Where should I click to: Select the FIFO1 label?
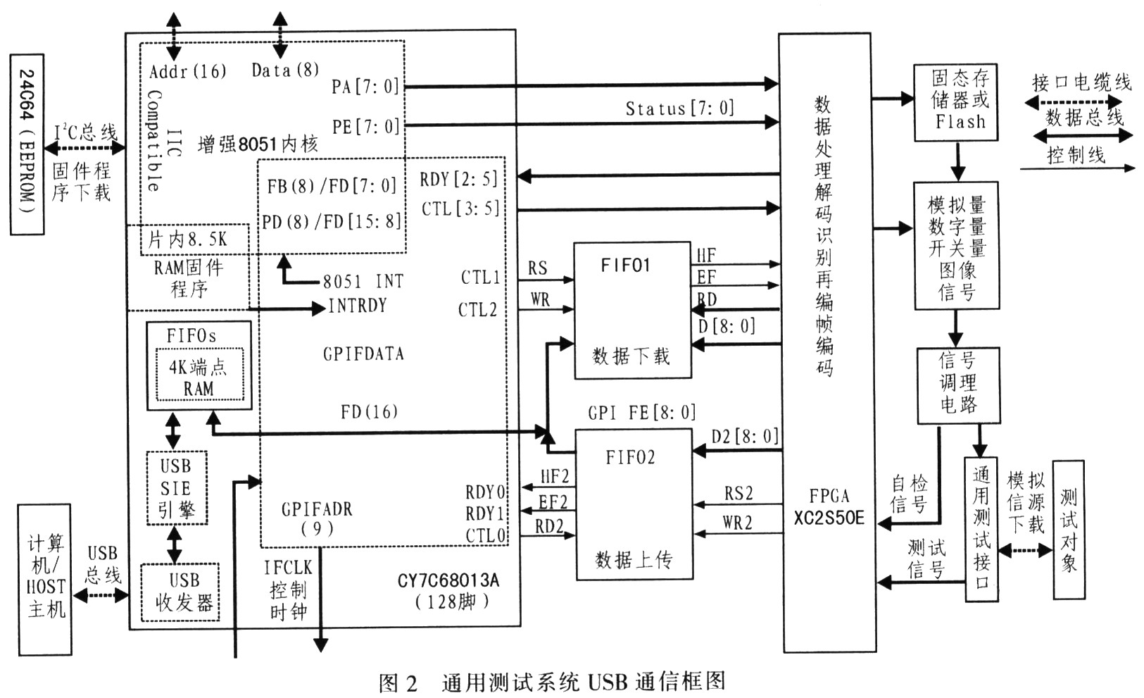tap(625, 266)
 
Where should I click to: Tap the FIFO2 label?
tap(630, 458)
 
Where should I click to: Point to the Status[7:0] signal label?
tap(679, 108)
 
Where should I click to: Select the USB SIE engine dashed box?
tap(176, 487)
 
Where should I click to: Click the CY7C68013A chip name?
tap(448, 580)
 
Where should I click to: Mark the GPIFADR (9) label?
tap(317, 518)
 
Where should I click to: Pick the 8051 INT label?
tap(363, 282)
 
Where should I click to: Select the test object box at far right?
tap(1068, 530)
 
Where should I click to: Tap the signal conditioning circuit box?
tap(957, 384)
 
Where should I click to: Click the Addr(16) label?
tap(188, 70)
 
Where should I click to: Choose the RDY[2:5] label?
tap(458, 179)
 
